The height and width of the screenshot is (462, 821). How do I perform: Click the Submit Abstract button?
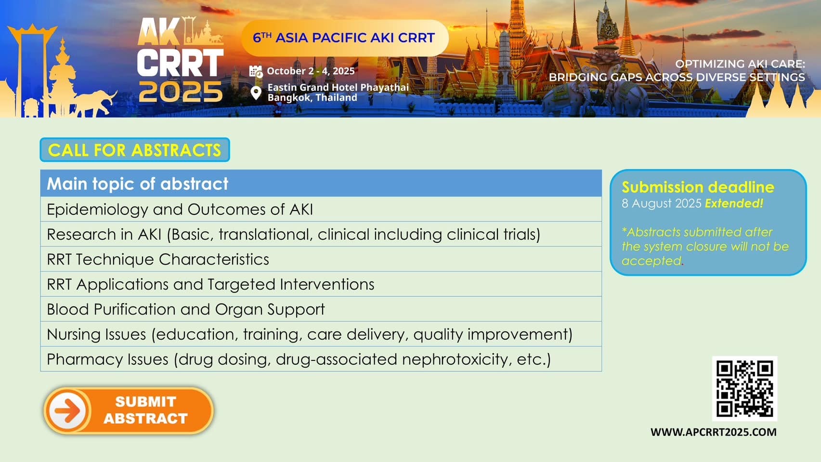pyautogui.click(x=128, y=410)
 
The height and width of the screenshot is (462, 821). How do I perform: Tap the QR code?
pyautogui.click(x=744, y=389)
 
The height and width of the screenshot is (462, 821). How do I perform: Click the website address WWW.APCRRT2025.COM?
pyautogui.click(x=713, y=432)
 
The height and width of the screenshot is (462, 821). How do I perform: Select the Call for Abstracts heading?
pyautogui.click(x=135, y=150)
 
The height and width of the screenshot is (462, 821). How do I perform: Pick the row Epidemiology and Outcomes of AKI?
pyautogui.click(x=321, y=210)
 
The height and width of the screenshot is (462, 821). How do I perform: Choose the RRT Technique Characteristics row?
pyautogui.click(x=321, y=259)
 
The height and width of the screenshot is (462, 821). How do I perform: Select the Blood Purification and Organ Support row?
pyautogui.click(x=321, y=309)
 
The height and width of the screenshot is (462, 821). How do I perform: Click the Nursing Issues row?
pyautogui.click(x=321, y=334)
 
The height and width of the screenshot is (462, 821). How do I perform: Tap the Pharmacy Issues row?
pyautogui.click(x=321, y=359)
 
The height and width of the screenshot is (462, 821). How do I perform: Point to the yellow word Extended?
pyautogui.click(x=734, y=203)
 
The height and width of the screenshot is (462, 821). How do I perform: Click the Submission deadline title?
pyautogui.click(x=698, y=187)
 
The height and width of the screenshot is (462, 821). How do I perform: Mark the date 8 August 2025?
pyautogui.click(x=662, y=203)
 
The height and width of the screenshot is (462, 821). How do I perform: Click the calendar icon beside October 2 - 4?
pyautogui.click(x=256, y=71)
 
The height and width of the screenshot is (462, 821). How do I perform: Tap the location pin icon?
pyautogui.click(x=256, y=93)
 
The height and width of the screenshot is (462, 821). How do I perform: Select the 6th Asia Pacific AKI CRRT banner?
pyautogui.click(x=344, y=38)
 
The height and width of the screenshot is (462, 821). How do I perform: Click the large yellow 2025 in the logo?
pyautogui.click(x=181, y=92)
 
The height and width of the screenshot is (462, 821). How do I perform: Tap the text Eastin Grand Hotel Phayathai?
pyautogui.click(x=338, y=87)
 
